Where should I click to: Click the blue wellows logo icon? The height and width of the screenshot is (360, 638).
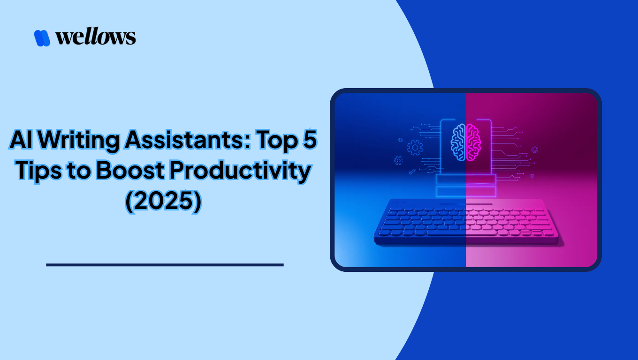[x=42, y=37]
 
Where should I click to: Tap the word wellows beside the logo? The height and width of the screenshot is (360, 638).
[x=96, y=37]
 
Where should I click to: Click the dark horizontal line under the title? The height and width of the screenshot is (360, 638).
[x=165, y=265]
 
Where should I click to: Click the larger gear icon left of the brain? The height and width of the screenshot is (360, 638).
[x=415, y=148]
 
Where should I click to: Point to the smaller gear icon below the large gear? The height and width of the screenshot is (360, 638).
[x=398, y=160]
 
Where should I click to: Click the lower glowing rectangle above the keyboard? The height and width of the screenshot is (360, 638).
[x=466, y=191]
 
